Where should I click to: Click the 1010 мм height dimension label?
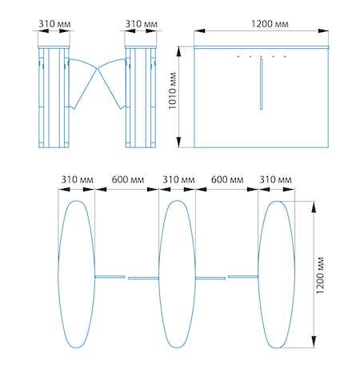pos(173,90)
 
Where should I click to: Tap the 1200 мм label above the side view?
pos(270,24)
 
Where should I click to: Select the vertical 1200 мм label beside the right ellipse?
pos(320,275)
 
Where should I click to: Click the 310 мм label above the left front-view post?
pos(54,24)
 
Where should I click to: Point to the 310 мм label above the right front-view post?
pos(142,24)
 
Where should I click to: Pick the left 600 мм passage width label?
pos(128,179)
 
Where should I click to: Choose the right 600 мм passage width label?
pos(227,179)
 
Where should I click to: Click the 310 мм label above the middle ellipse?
pos(178,179)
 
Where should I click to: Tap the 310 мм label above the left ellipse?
pos(77,179)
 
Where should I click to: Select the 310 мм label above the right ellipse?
pos(275,179)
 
